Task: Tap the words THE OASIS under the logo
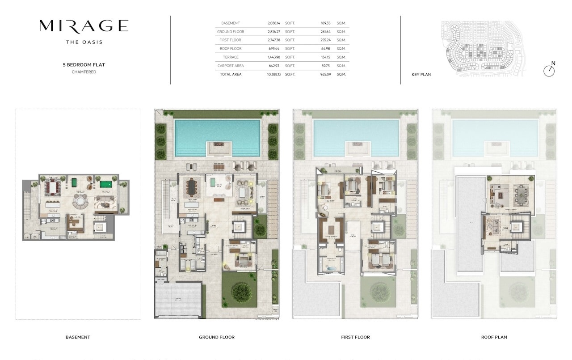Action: (84, 42)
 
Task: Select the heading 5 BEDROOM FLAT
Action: (84, 65)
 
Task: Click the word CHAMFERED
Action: (84, 72)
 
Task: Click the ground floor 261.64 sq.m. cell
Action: (325, 32)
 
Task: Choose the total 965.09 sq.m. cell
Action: (325, 74)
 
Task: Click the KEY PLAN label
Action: (421, 75)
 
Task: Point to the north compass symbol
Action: (549, 70)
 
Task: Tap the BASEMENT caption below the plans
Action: (78, 337)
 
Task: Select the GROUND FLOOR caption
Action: (217, 337)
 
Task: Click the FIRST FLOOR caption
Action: (356, 337)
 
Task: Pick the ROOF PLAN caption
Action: (494, 337)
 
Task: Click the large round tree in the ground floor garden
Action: (241, 292)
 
